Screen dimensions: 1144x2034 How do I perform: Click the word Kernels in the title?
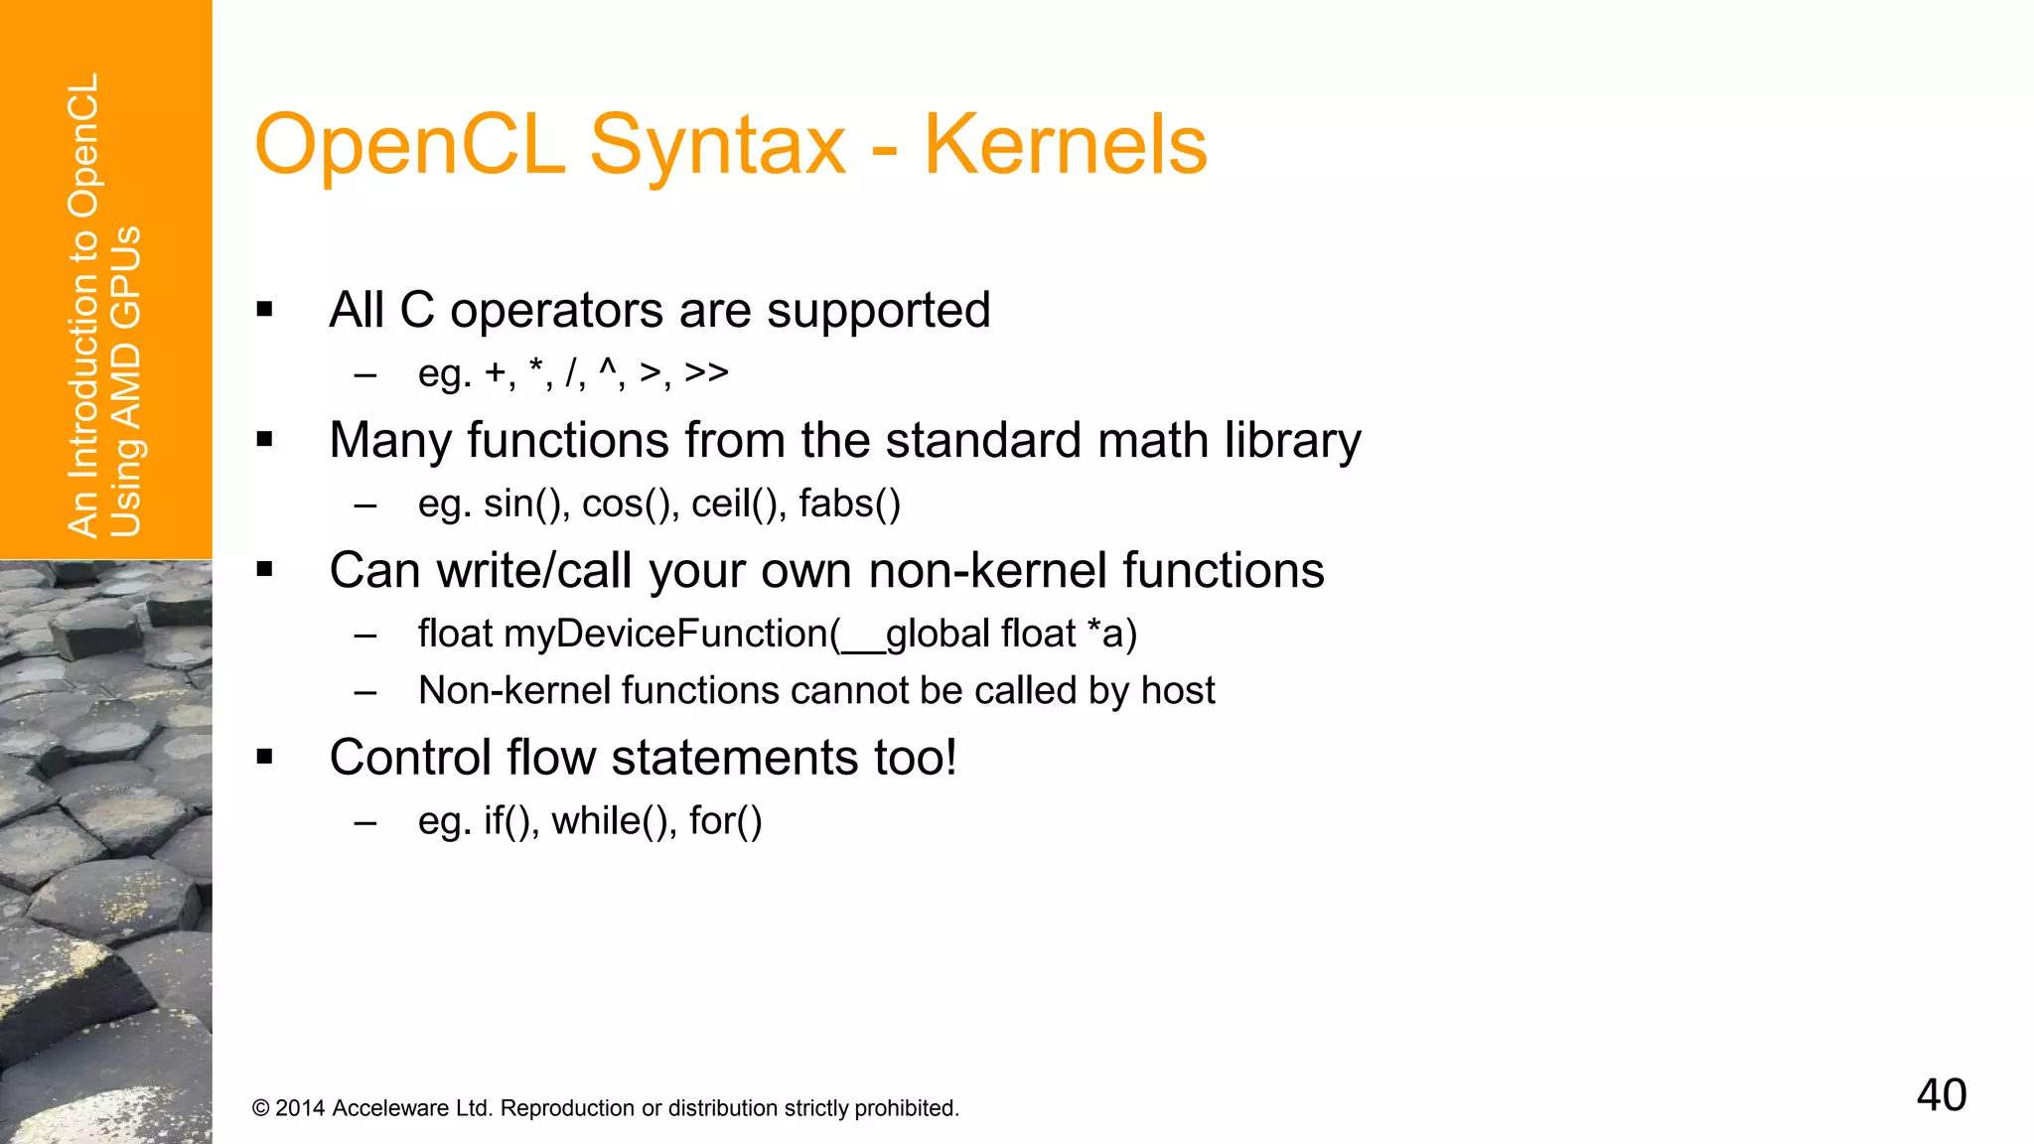(1065, 145)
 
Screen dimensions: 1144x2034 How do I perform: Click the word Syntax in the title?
(717, 145)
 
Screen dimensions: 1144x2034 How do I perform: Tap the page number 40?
(1941, 1094)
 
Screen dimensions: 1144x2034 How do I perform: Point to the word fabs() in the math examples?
(849, 503)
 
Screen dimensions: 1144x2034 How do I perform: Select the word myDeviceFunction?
(671, 634)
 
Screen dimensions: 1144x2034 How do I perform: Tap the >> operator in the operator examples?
(706, 372)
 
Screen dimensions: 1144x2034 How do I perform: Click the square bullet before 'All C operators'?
(264, 310)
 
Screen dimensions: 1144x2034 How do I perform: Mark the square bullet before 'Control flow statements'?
(264, 757)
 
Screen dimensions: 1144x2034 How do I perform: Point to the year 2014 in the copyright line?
(300, 1108)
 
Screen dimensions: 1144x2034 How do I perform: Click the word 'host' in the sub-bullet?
(1178, 690)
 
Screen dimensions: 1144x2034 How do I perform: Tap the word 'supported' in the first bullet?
(878, 311)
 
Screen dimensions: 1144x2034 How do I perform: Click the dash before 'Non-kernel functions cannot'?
(365, 692)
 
